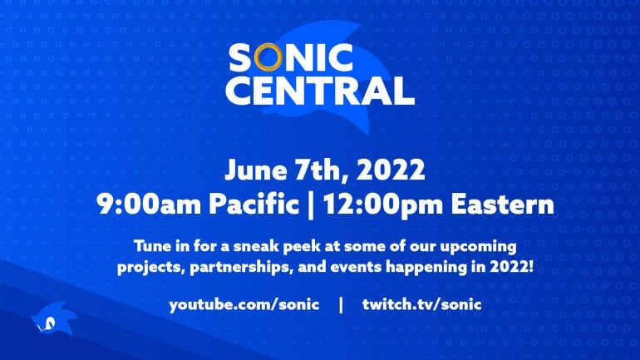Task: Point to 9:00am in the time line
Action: (136, 205)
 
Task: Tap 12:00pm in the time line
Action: (377, 205)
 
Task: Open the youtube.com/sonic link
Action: (244, 304)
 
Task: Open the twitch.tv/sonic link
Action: (421, 304)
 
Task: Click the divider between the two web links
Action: (340, 304)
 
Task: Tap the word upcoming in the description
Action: (476, 248)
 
